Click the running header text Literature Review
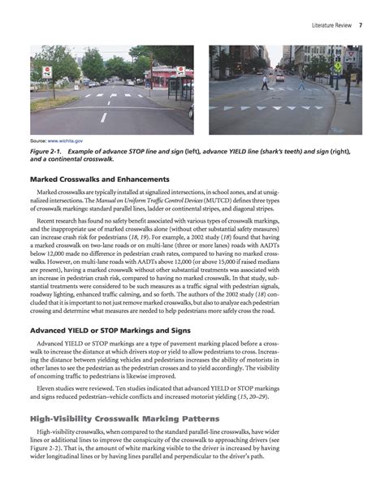click(331, 27)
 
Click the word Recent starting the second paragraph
click(50, 221)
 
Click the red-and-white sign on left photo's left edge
click(46, 72)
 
